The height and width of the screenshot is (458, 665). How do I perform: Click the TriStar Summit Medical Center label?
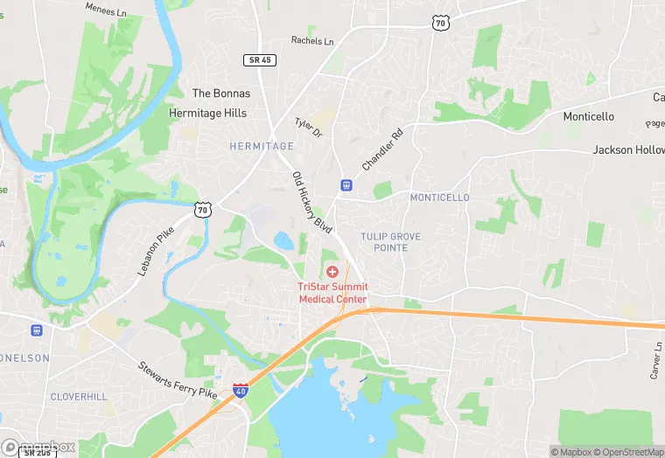tap(332, 293)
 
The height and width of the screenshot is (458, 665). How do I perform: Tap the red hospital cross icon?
tap(332, 273)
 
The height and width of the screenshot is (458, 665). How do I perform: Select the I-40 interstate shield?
tap(240, 392)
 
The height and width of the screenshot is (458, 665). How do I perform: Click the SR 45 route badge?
tap(255, 59)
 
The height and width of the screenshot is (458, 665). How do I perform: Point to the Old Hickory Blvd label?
tap(311, 202)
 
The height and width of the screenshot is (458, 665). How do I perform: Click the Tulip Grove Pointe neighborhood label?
tap(390, 242)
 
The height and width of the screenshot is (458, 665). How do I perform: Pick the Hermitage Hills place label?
tap(207, 113)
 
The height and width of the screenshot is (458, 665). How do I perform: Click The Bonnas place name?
tap(220, 94)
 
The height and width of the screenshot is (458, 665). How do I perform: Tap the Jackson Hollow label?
tap(628, 150)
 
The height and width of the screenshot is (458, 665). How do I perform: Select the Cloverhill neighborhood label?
tap(79, 397)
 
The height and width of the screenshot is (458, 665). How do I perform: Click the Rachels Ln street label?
tap(312, 41)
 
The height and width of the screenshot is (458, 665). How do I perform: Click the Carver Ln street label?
tap(656, 360)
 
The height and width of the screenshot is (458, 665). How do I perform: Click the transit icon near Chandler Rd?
tap(346, 185)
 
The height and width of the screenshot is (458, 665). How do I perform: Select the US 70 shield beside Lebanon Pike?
tap(203, 208)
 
